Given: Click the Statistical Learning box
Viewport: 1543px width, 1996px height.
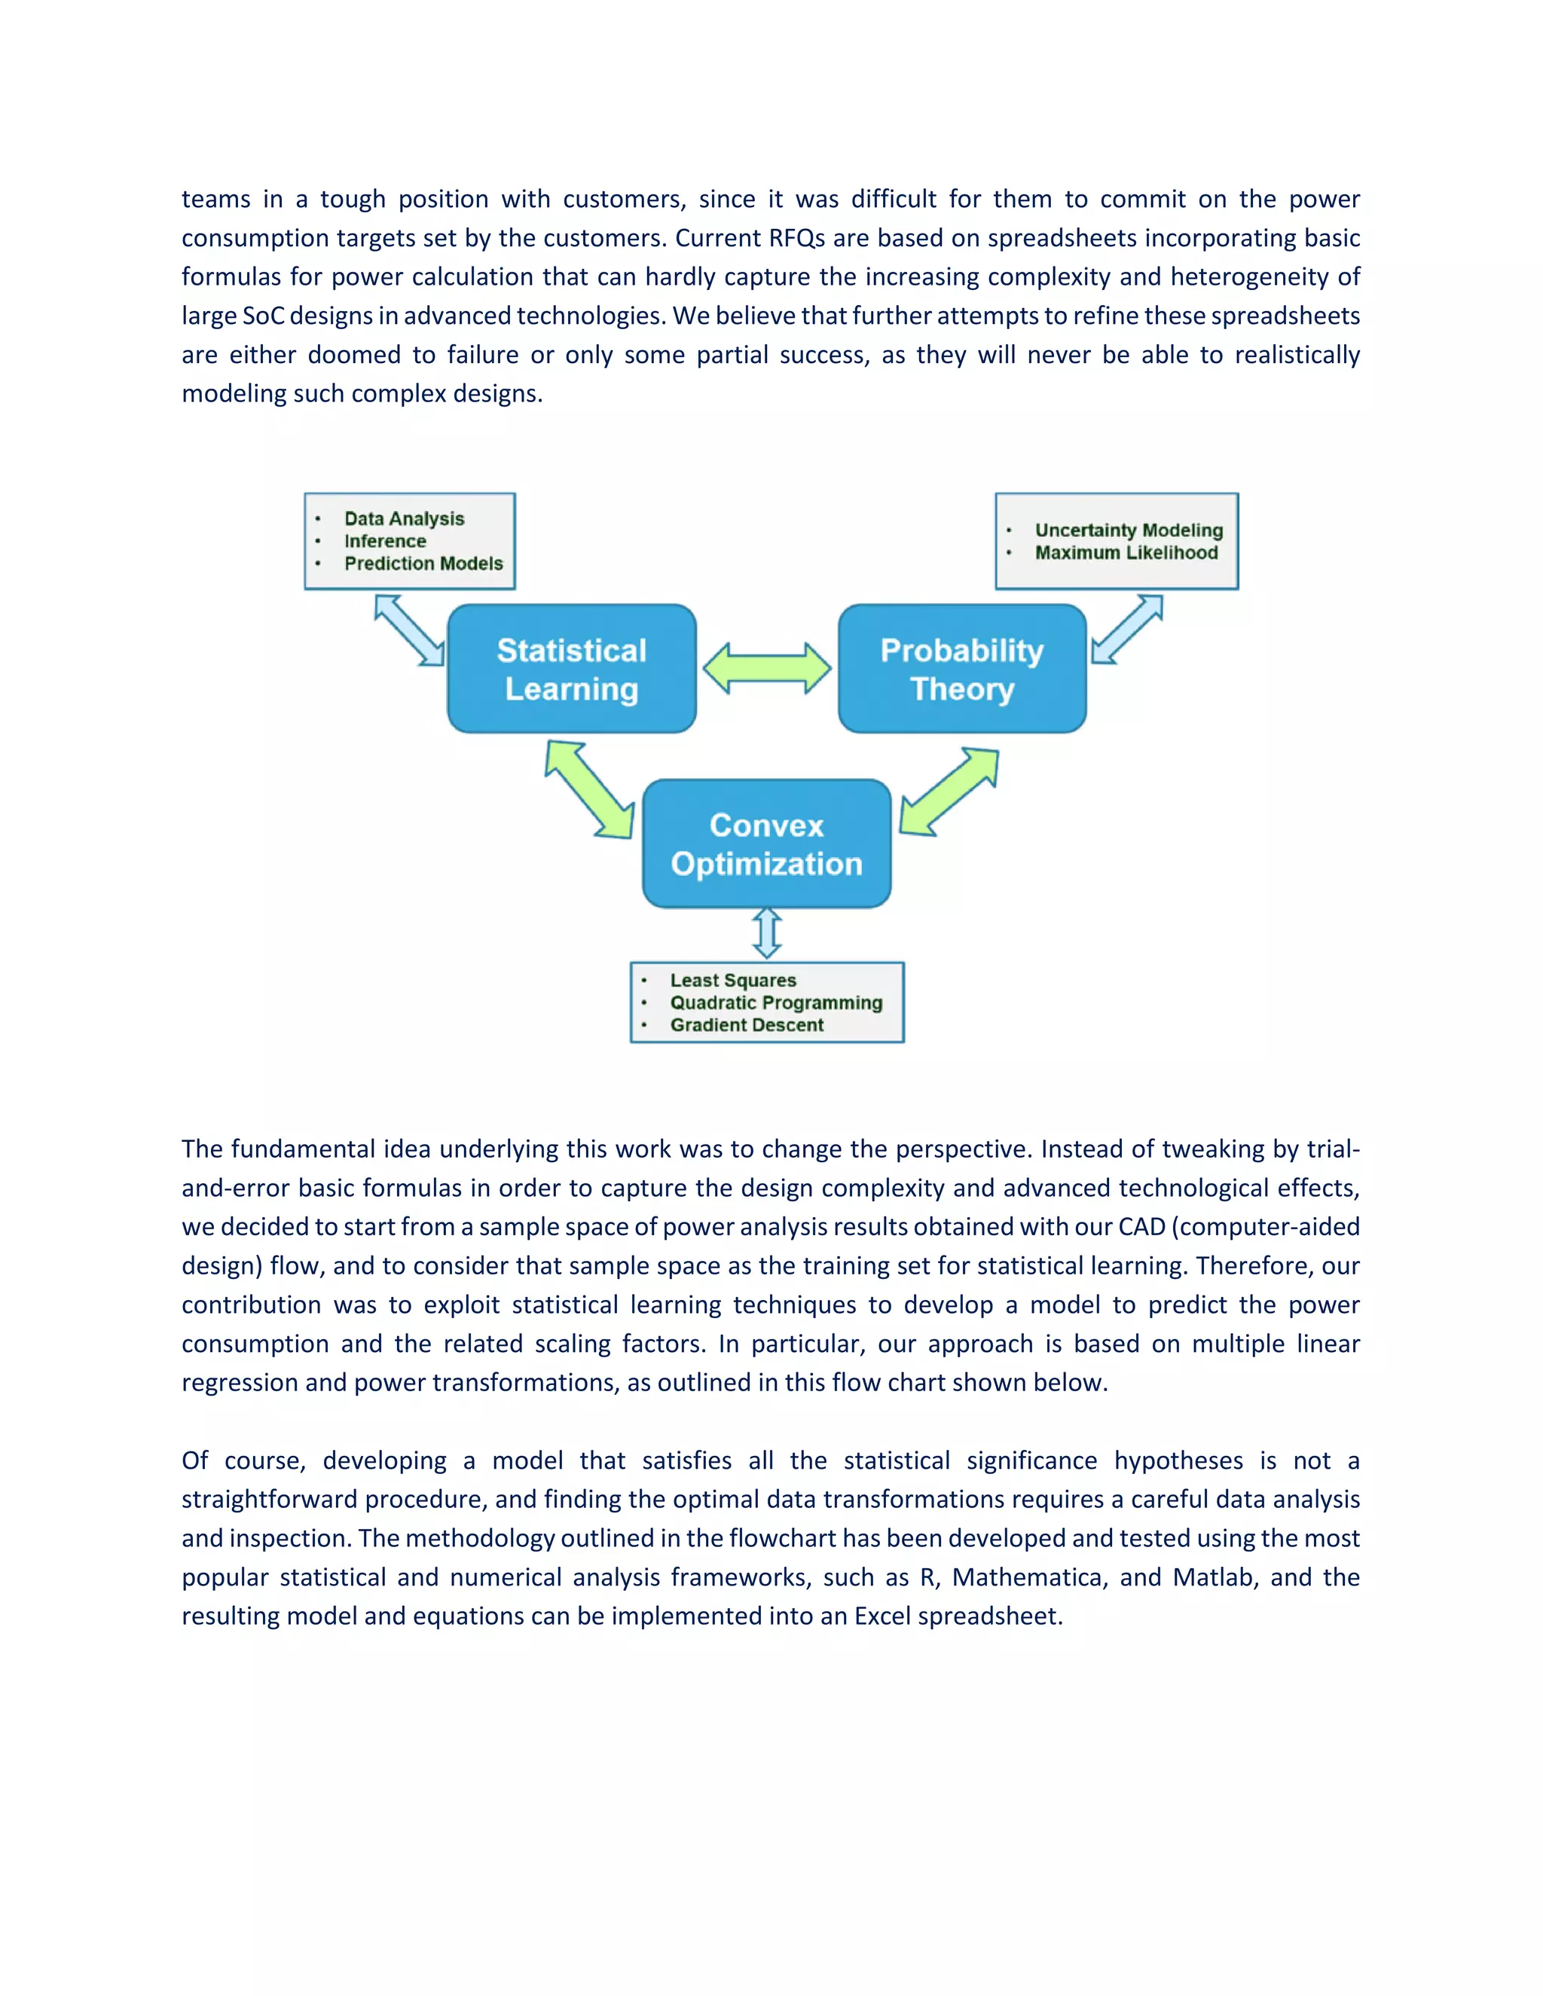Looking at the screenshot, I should (571, 669).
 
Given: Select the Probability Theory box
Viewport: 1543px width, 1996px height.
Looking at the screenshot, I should (961, 669).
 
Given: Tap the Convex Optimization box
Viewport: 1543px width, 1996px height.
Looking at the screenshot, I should (766, 844).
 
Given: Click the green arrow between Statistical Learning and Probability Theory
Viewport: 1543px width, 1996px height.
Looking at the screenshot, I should (767, 668).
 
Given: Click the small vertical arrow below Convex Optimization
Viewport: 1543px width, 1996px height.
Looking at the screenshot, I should (767, 933).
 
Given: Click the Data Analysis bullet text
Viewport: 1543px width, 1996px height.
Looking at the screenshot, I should (404, 518).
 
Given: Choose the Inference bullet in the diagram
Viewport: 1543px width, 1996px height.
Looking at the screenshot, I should (385, 541).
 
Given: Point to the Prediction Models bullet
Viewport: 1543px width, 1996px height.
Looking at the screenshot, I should (423, 563).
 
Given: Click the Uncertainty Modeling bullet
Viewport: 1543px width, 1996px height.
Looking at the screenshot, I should (1129, 530).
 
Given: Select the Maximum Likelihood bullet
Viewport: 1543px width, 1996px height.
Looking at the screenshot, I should (1126, 552).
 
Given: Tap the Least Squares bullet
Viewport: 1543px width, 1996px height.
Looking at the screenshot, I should (733, 980).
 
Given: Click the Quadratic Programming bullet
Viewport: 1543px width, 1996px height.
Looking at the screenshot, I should (776, 1003).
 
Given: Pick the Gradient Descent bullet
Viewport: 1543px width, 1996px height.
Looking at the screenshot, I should (747, 1024).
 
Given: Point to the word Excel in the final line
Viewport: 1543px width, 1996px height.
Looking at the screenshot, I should (882, 1616).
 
